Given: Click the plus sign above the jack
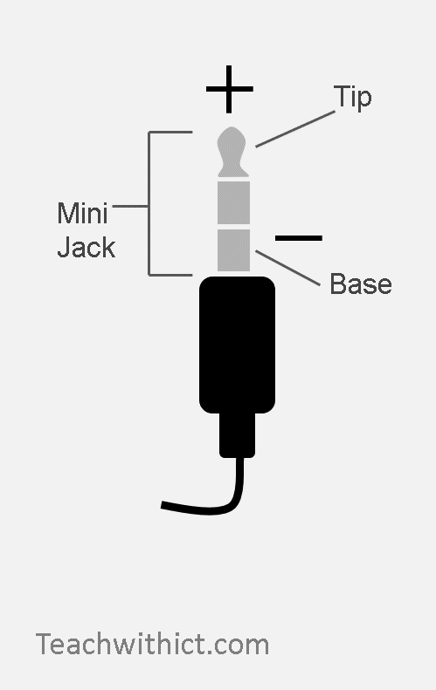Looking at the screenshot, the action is pyautogui.click(x=229, y=89).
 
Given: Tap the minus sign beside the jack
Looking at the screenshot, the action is pyautogui.click(x=299, y=238).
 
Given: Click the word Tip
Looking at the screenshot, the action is pyautogui.click(x=352, y=97).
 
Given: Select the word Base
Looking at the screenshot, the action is pyautogui.click(x=361, y=284).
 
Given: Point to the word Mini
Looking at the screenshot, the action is pyautogui.click(x=82, y=213).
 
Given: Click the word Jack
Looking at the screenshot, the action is pyautogui.click(x=87, y=247).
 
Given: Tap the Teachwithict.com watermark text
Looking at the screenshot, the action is pyautogui.click(x=152, y=645).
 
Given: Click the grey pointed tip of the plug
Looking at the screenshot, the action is pyautogui.click(x=232, y=152).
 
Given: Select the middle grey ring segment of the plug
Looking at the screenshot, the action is pyautogui.click(x=233, y=202).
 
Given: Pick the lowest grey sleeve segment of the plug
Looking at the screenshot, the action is pyautogui.click(x=233, y=250).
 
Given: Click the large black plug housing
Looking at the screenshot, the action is pyautogui.click(x=237, y=345).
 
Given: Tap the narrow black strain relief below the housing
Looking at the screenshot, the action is pyautogui.click(x=237, y=435).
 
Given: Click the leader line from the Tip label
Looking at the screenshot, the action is pyautogui.click(x=295, y=129).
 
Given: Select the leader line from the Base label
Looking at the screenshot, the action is pyautogui.click(x=287, y=268).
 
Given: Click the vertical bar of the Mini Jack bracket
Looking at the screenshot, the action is pyautogui.click(x=149, y=203).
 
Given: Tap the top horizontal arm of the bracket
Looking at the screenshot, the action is pyautogui.click(x=170, y=132).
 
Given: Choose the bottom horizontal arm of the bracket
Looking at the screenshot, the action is pyautogui.click(x=170, y=275).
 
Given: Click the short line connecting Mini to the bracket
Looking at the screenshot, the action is pyautogui.click(x=130, y=206).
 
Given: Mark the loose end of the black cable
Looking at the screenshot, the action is pyautogui.click(x=163, y=505).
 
